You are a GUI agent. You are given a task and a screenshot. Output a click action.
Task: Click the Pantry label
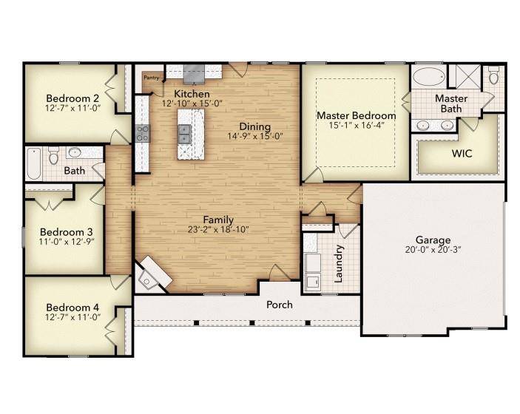point(151,78)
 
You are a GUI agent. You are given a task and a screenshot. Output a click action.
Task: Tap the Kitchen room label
point(192,94)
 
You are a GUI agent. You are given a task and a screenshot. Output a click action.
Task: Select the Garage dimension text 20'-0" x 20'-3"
point(433,250)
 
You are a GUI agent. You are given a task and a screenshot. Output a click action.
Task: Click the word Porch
point(280,305)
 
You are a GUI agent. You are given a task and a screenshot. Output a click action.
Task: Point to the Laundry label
point(338,264)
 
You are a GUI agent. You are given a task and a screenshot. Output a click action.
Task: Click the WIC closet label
point(462,154)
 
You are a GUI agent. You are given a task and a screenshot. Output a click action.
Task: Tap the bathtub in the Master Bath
point(428,77)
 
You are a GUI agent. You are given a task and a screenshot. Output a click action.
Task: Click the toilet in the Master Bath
point(494,75)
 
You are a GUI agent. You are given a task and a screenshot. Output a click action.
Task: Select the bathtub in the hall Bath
point(33,163)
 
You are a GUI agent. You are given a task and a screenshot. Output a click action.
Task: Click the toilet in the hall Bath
point(53,156)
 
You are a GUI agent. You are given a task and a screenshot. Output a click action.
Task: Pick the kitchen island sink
point(184,134)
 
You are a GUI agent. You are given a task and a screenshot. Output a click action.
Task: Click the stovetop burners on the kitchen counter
point(143,133)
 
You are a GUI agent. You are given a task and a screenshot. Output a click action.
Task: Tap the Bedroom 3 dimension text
point(67,242)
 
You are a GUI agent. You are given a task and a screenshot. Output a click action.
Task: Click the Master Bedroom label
point(357,115)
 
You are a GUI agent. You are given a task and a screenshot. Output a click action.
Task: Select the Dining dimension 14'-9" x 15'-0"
point(255,136)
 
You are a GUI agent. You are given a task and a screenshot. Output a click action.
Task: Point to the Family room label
point(218,220)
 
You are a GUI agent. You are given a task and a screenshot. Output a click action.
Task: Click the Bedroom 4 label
point(72,308)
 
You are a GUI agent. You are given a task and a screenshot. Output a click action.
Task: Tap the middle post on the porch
point(252,322)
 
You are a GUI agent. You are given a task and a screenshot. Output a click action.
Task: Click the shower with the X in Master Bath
point(468,77)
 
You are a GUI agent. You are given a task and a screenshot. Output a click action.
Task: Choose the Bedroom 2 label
point(72,98)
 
